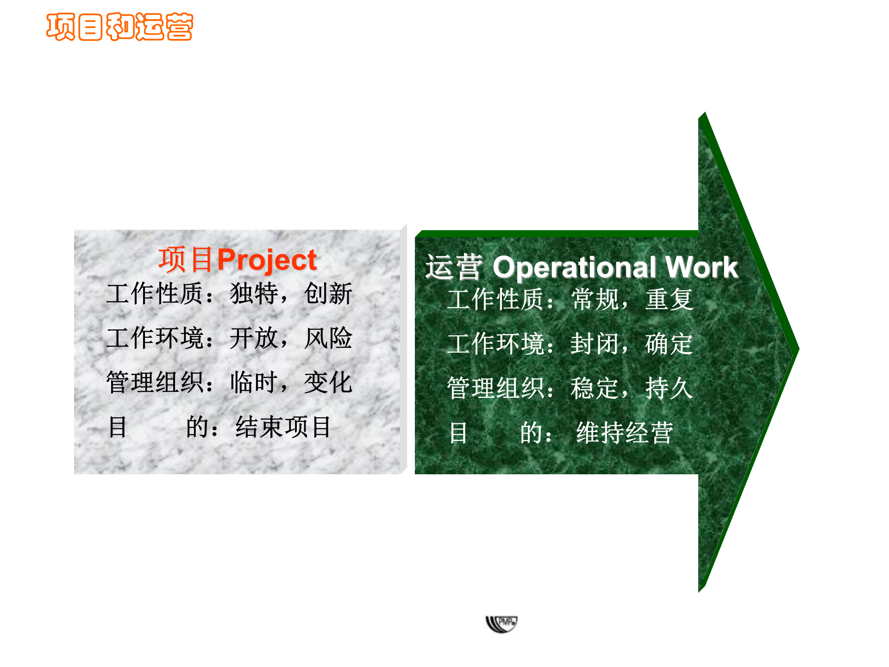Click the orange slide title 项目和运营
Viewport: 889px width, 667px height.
pyautogui.click(x=119, y=27)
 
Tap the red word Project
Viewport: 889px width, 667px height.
pyautogui.click(x=267, y=260)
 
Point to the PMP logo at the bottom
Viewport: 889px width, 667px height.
pyautogui.click(x=501, y=624)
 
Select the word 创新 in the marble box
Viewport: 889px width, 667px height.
pyautogui.click(x=328, y=294)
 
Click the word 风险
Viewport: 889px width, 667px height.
pyautogui.click(x=328, y=338)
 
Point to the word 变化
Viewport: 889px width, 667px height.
pyautogui.click(x=328, y=383)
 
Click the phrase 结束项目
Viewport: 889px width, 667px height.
pyautogui.click(x=283, y=427)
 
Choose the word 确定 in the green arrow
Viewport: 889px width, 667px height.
pyautogui.click(x=669, y=344)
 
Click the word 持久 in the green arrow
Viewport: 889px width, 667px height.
pyautogui.click(x=669, y=388)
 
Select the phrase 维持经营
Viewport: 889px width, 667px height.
pyautogui.click(x=624, y=433)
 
